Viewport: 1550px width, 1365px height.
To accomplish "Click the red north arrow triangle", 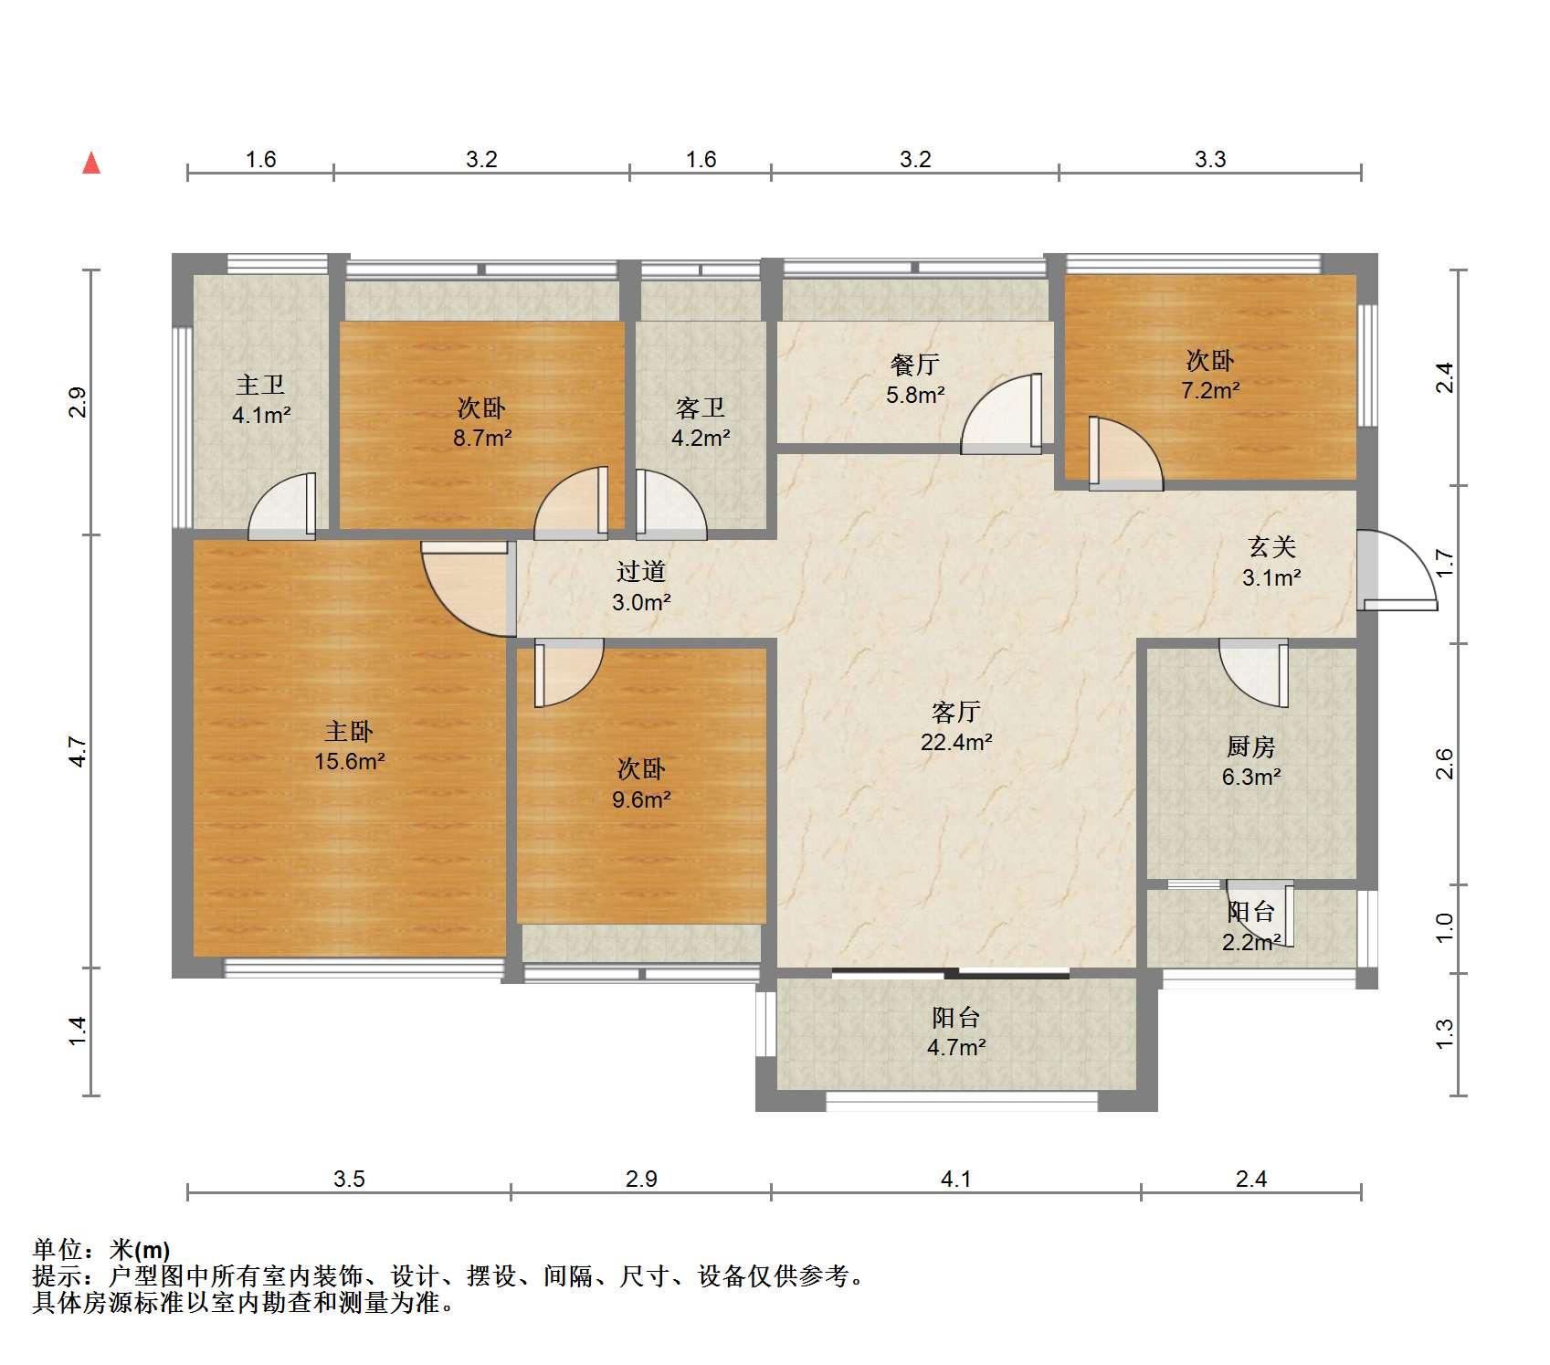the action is coord(91,163).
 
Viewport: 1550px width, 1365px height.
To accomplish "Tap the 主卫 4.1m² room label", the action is coord(261,400).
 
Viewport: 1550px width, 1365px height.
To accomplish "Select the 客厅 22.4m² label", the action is coord(956,726).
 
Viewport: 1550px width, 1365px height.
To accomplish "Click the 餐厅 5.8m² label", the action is coord(915,379).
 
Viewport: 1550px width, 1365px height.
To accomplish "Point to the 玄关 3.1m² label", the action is coord(1271,562).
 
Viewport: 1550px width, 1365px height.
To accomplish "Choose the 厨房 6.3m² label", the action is coord(1250,762).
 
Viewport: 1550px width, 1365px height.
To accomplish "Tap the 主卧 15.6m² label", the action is coord(349,746).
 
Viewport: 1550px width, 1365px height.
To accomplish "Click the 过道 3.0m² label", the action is coord(641,587).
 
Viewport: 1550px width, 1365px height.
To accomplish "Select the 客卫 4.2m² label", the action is coord(701,422).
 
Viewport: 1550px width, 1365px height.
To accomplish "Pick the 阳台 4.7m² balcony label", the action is coord(956,1032).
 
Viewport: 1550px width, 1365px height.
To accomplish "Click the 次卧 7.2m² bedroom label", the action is coord(1210,375).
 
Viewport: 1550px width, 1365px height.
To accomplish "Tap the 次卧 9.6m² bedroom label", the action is coord(641,784).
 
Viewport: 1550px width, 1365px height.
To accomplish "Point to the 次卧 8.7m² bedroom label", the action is coord(482,422).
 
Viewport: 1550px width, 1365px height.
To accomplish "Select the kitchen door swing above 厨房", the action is coord(1253,673).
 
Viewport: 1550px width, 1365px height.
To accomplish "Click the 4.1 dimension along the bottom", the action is coord(956,1179).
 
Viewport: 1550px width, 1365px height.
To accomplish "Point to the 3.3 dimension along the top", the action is coord(1210,159).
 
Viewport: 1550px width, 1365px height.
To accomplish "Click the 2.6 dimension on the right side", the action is coord(1443,764).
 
